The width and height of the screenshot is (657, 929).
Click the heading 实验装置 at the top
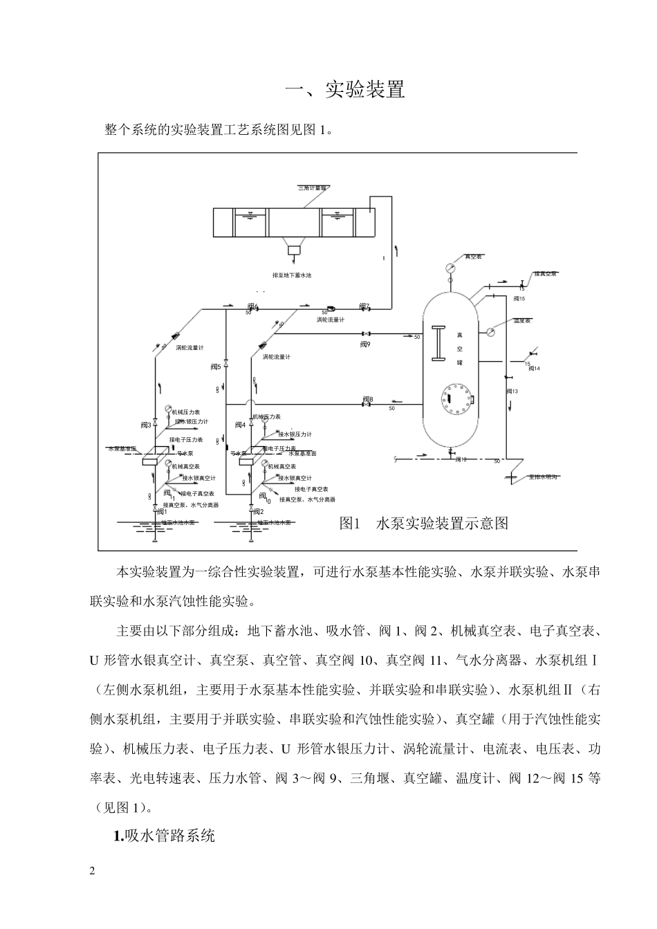click(x=345, y=90)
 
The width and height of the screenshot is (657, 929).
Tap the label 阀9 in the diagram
click(x=365, y=343)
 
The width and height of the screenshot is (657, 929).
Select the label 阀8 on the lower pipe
click(x=367, y=399)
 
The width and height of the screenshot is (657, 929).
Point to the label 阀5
click(x=216, y=367)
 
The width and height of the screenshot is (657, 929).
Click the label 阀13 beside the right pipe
click(x=512, y=392)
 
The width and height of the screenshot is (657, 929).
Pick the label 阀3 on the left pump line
click(x=145, y=425)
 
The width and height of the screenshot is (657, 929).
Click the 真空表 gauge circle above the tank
click(x=451, y=267)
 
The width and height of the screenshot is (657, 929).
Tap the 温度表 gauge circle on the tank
click(x=490, y=331)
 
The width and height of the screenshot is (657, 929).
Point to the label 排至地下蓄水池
click(x=293, y=275)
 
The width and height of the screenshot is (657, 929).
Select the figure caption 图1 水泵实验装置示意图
click(x=424, y=523)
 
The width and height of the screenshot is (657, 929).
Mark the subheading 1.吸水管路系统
click(x=164, y=836)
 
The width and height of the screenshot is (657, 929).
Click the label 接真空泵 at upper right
click(x=546, y=274)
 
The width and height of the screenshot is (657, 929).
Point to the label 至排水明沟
click(x=543, y=477)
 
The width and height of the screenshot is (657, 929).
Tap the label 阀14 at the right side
click(x=534, y=369)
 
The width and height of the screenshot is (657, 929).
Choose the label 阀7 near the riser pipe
click(x=364, y=305)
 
